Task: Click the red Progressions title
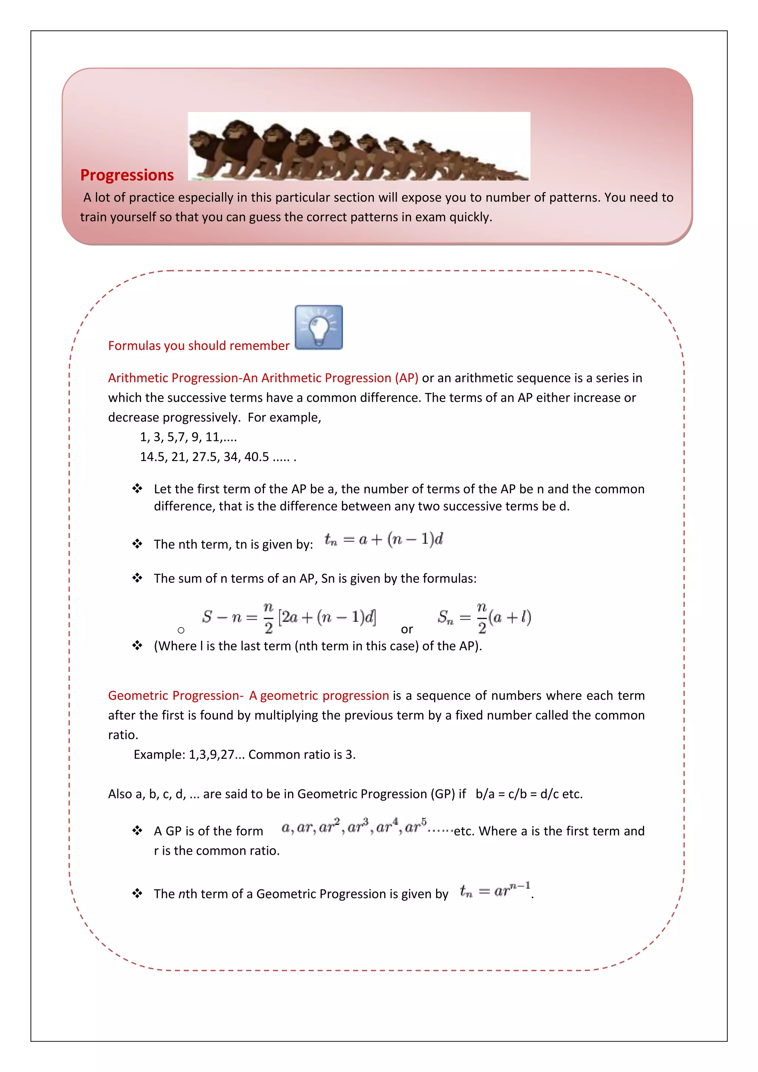click(x=127, y=175)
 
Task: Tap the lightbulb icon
click(x=319, y=327)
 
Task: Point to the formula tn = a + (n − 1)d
click(x=384, y=540)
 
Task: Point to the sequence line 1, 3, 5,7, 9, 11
click(x=188, y=437)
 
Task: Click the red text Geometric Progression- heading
click(x=176, y=695)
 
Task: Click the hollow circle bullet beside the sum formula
click(x=181, y=630)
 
